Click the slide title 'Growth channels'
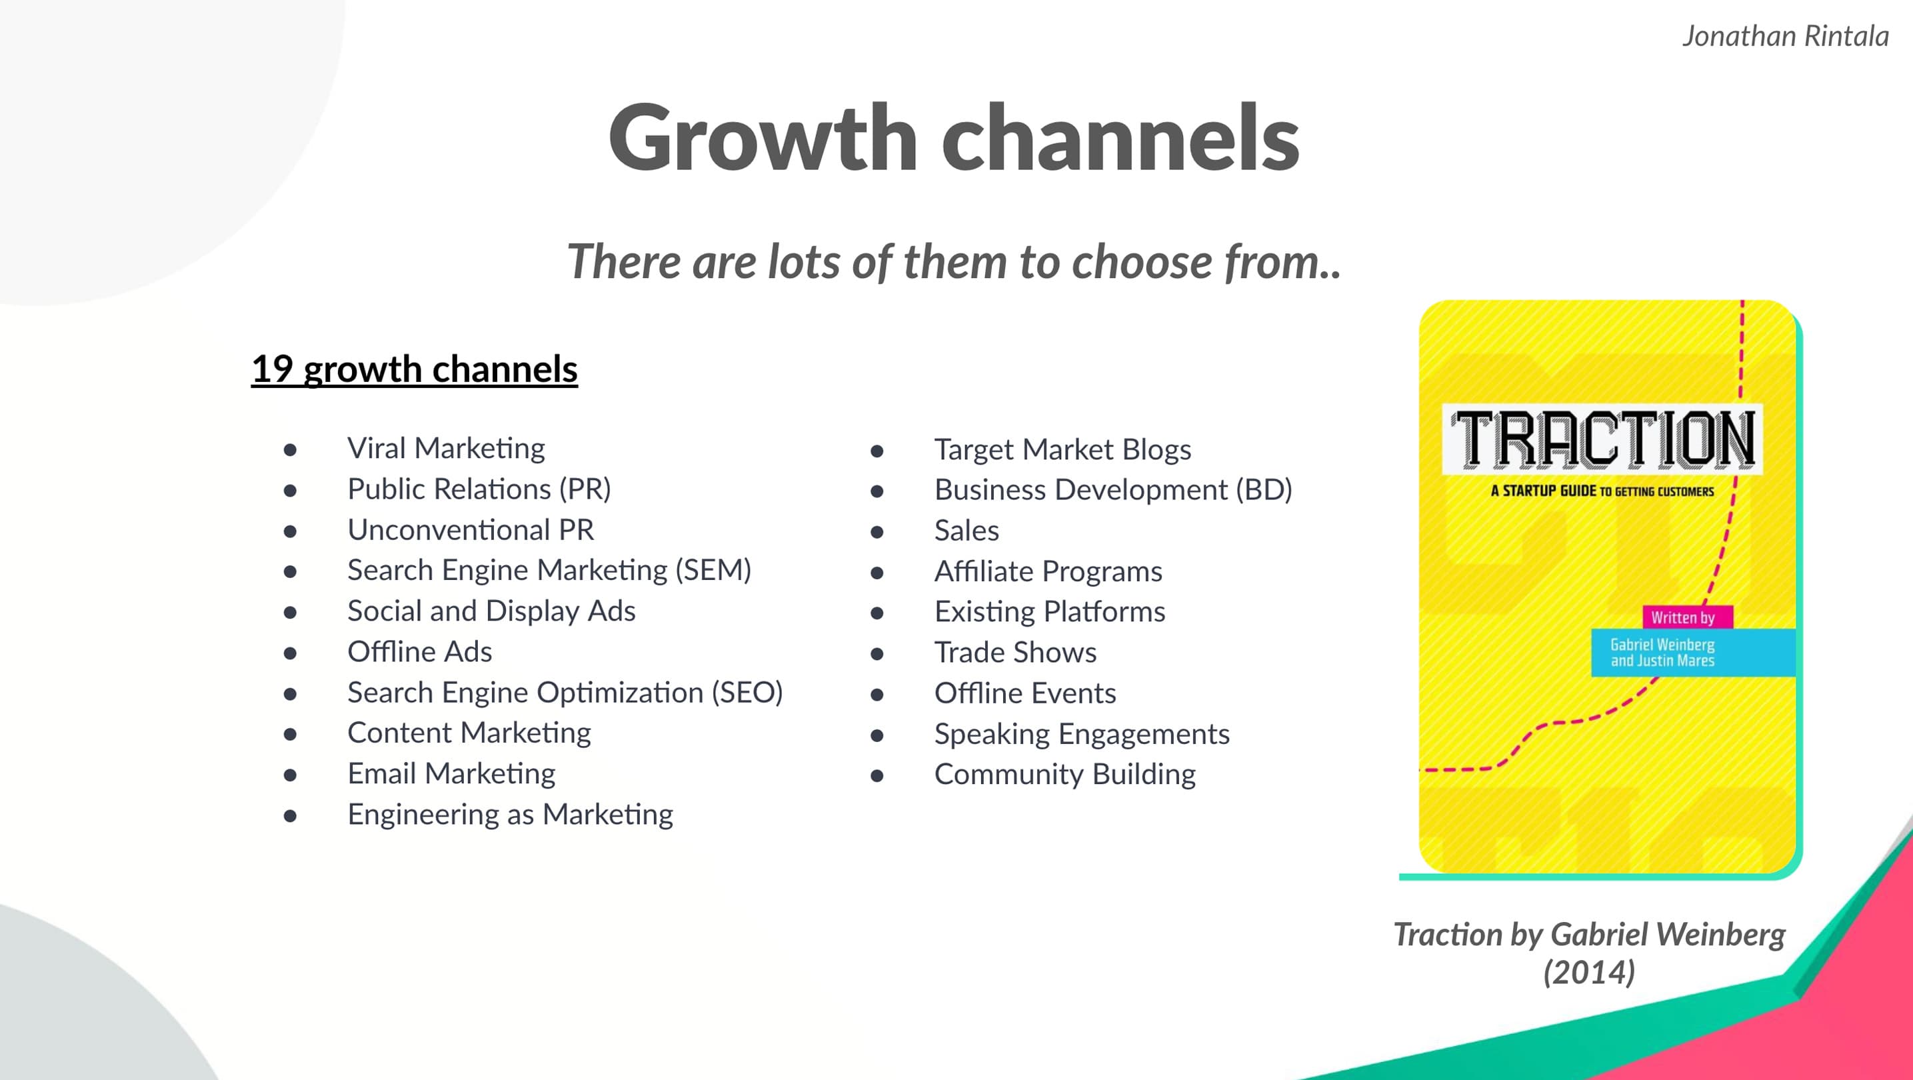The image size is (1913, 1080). [x=954, y=138]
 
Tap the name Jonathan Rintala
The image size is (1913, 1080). [x=1785, y=35]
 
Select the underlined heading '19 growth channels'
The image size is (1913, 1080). [x=415, y=369]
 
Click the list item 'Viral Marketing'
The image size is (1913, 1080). [x=447, y=448]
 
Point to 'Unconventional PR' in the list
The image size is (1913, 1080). [x=471, y=529]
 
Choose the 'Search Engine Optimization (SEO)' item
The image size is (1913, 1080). [x=565, y=692]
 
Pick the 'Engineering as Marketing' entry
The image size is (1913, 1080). [x=510, y=814]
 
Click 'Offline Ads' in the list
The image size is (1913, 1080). [x=419, y=651]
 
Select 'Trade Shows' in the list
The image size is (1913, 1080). [x=1015, y=652]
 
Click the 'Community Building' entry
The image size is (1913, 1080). [x=1065, y=774]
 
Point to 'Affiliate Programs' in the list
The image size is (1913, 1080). [x=1048, y=571]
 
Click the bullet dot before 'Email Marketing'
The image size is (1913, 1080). [x=291, y=775]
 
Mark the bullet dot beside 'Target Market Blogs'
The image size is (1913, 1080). [x=877, y=451]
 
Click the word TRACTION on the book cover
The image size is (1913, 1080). [x=1603, y=440]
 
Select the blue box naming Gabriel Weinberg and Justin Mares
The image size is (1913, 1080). [x=1693, y=653]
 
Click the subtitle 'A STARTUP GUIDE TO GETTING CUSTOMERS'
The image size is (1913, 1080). [x=1602, y=491]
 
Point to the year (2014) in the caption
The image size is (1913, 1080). [x=1589, y=972]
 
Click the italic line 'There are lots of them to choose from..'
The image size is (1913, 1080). [x=955, y=261]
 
